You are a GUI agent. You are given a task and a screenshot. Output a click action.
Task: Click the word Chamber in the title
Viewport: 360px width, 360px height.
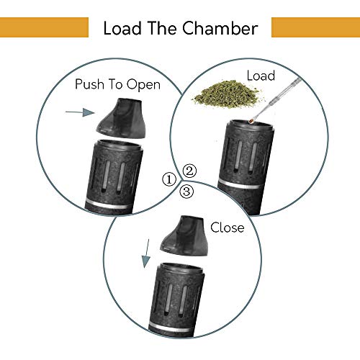point(220,28)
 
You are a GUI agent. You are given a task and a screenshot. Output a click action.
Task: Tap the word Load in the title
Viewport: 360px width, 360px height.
point(122,28)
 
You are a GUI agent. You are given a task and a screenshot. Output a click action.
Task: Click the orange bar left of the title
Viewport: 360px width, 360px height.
point(44,27)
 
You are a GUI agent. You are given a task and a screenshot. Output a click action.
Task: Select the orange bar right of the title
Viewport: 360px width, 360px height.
point(315,27)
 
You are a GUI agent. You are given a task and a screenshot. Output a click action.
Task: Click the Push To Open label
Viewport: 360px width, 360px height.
point(117,84)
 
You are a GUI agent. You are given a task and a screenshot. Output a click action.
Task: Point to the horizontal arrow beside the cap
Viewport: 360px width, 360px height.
point(80,112)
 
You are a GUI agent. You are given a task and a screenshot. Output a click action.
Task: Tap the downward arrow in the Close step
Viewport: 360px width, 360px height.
point(146,253)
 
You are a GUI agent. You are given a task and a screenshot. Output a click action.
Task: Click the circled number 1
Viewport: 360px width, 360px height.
point(169,179)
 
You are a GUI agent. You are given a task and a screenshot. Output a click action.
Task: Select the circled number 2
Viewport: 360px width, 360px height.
point(189,171)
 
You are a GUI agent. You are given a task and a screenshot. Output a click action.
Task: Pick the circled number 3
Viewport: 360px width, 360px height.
point(186,192)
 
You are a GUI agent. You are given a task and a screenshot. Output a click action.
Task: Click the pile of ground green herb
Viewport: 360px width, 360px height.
point(227,94)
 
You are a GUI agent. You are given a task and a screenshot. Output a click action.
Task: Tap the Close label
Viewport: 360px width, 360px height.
point(228,228)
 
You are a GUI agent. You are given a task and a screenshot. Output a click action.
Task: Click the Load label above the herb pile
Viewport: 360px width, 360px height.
point(261,76)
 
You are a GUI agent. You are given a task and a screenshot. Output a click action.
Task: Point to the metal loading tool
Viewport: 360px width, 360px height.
point(275,100)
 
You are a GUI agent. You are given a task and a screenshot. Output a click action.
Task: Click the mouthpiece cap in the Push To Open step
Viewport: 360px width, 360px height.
point(121,118)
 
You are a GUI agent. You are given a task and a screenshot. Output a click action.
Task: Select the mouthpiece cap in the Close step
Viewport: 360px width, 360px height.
point(184,235)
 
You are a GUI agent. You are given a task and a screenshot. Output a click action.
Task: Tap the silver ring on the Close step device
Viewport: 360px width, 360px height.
point(171,327)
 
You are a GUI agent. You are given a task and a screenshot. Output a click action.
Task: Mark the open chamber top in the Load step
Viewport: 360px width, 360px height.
point(251,125)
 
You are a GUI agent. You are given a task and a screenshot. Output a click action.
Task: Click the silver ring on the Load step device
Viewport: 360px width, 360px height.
point(239,184)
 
